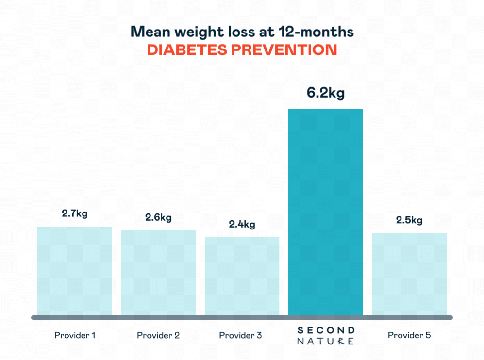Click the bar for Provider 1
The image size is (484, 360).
[75, 271]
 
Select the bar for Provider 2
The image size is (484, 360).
[158, 273]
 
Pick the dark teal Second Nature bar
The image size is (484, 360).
[325, 212]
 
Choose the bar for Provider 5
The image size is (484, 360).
[409, 274]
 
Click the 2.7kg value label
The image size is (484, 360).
[75, 213]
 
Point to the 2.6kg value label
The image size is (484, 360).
[158, 217]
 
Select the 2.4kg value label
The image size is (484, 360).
[242, 224]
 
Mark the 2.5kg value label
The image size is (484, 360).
[409, 220]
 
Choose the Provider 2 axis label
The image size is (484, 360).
[158, 335]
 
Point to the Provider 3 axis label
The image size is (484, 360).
[241, 335]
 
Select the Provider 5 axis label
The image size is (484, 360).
[409, 335]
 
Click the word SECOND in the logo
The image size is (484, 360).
[325, 330]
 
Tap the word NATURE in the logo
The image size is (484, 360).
[325, 341]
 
